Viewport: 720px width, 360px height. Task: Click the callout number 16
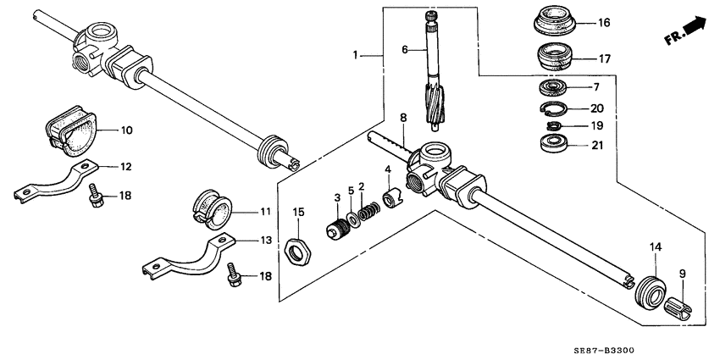click(x=602, y=23)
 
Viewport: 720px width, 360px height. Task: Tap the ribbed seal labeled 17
click(x=557, y=59)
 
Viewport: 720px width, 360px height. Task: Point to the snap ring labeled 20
click(x=554, y=108)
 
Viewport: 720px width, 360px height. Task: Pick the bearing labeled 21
click(x=554, y=142)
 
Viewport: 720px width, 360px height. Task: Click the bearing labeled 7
click(x=555, y=87)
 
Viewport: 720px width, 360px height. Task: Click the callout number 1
click(x=357, y=55)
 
